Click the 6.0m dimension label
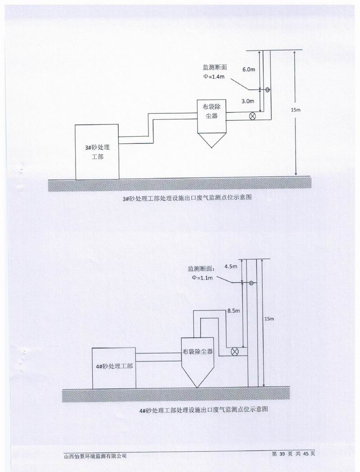click(x=248, y=70)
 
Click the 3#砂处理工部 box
click(x=97, y=151)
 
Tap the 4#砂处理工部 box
click(x=114, y=367)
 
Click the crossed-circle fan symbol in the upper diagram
click(x=253, y=116)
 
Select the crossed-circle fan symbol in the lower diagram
click(x=234, y=352)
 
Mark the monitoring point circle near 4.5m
click(x=251, y=283)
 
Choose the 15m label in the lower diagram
click(x=269, y=319)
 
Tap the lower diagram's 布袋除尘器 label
click(x=197, y=352)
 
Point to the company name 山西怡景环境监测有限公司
click(x=95, y=455)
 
